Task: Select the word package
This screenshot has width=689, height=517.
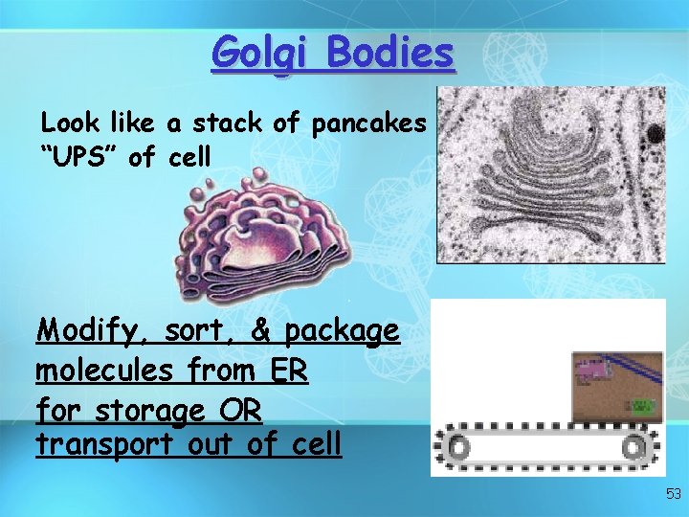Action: coord(342,333)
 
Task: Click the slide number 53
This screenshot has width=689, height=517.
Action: coord(673,494)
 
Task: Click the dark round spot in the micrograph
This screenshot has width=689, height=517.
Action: coord(656,133)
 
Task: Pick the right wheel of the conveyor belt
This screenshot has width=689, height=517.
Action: coord(634,446)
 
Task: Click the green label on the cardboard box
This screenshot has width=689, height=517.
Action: coord(642,406)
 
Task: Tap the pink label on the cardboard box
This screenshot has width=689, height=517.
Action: coord(593,367)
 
